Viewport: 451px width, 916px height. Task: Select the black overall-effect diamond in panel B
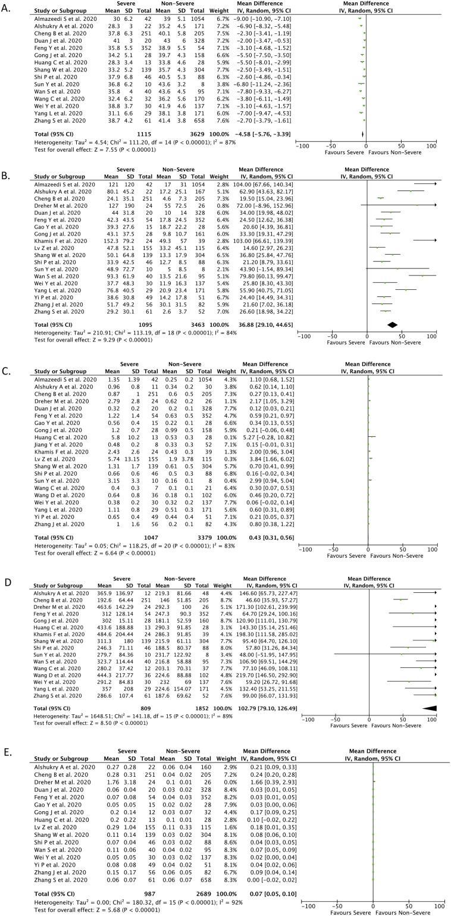point(392,324)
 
